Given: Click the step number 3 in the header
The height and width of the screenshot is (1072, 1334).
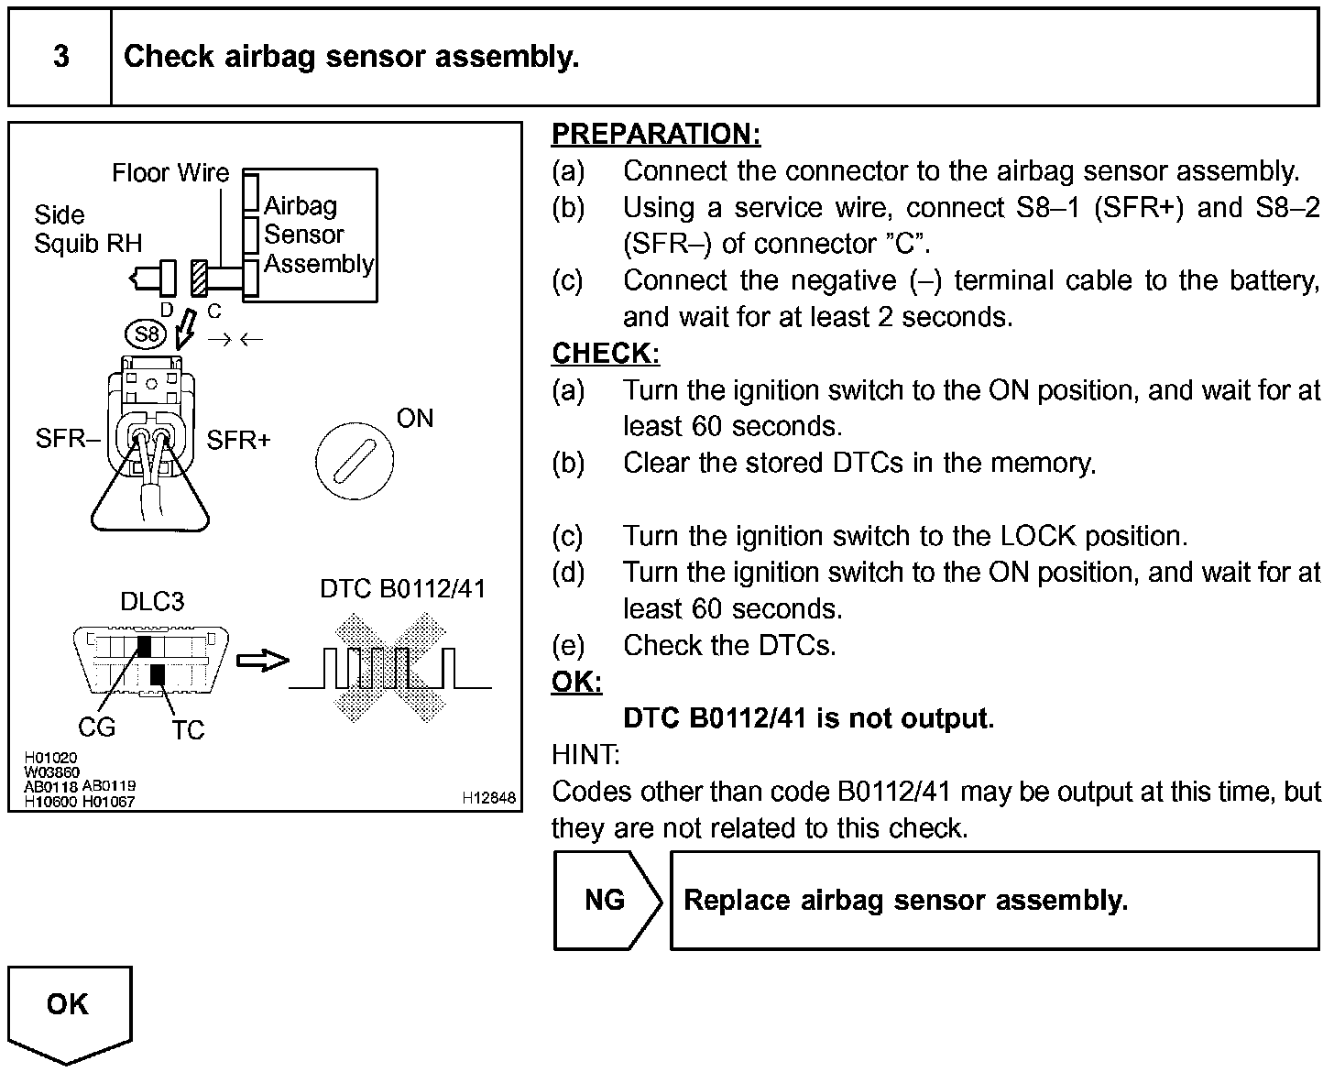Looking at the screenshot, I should pos(60,57).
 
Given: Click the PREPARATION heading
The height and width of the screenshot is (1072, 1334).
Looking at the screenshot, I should pos(656,135).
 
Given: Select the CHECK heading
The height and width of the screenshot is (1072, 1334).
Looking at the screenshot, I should pos(606,354).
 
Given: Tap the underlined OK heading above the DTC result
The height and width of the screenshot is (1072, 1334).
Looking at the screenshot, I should pos(576,682).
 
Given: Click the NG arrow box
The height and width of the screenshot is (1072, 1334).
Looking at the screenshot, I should pos(607,900).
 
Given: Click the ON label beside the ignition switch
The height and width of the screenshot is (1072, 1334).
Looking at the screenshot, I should pos(414,419).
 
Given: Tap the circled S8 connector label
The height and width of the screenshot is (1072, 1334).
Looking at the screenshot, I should pos(147,334).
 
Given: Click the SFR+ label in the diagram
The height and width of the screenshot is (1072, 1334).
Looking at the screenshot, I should pos(238,441).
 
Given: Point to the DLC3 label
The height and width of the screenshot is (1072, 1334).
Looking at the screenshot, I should pos(152,601).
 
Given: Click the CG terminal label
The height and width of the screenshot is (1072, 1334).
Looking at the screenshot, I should pos(96,727).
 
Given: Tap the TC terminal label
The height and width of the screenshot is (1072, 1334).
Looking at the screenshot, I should pos(188,730).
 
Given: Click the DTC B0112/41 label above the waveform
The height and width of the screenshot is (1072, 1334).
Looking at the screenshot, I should pos(402,589).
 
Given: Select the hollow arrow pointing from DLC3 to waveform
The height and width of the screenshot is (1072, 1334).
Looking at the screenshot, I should pos(262,661).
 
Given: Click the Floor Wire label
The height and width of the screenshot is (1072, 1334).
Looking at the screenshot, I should pos(170,172).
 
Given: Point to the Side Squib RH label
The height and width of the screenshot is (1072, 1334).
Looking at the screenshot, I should pos(88,229).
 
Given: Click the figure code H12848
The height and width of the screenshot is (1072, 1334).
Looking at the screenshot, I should pos(489,798).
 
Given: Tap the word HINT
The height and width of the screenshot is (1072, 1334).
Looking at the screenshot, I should pos(585,755).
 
